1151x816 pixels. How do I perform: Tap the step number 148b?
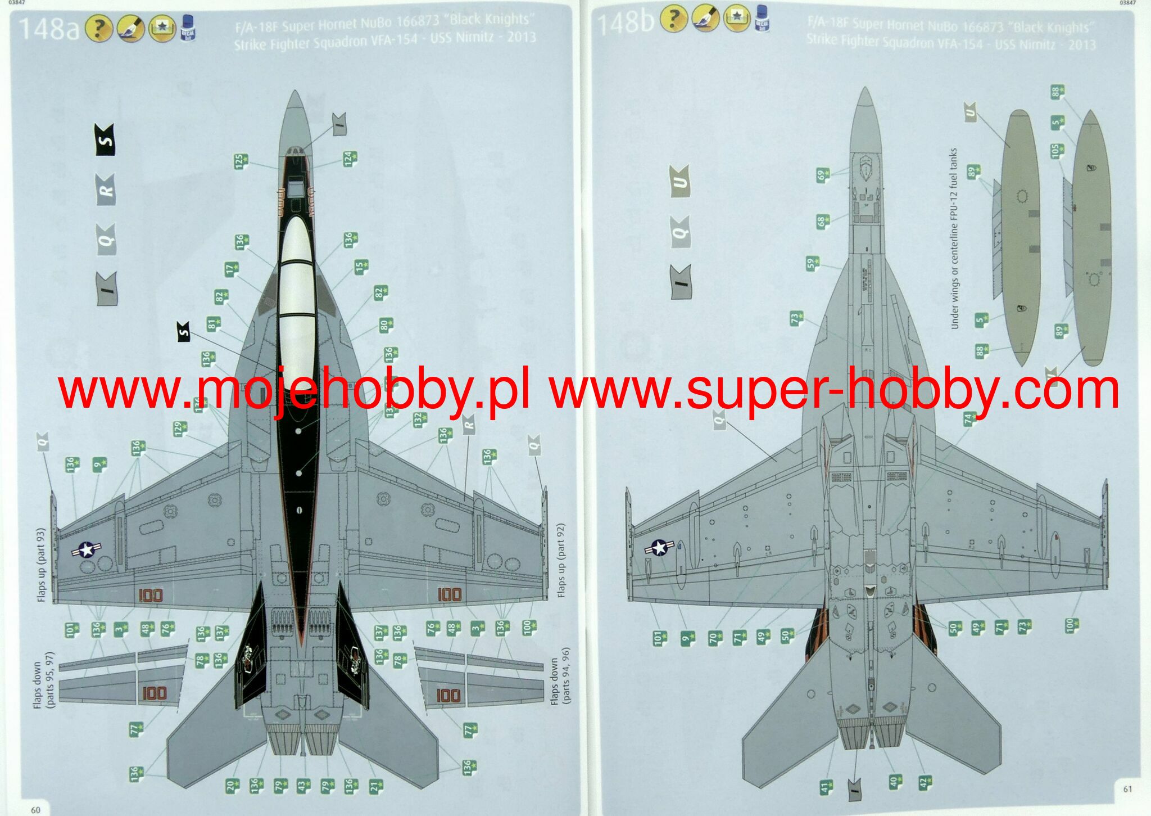[624, 23]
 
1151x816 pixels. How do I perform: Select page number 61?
[1127, 789]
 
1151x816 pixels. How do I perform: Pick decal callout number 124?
[350, 159]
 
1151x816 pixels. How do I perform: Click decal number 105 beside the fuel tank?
[1057, 151]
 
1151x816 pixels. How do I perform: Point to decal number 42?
[925, 782]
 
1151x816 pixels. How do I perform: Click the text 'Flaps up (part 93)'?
[41, 565]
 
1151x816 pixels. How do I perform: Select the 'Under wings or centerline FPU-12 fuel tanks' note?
[954, 238]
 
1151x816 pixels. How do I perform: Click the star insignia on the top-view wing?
[86, 549]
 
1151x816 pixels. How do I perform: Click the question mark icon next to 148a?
[99, 28]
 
